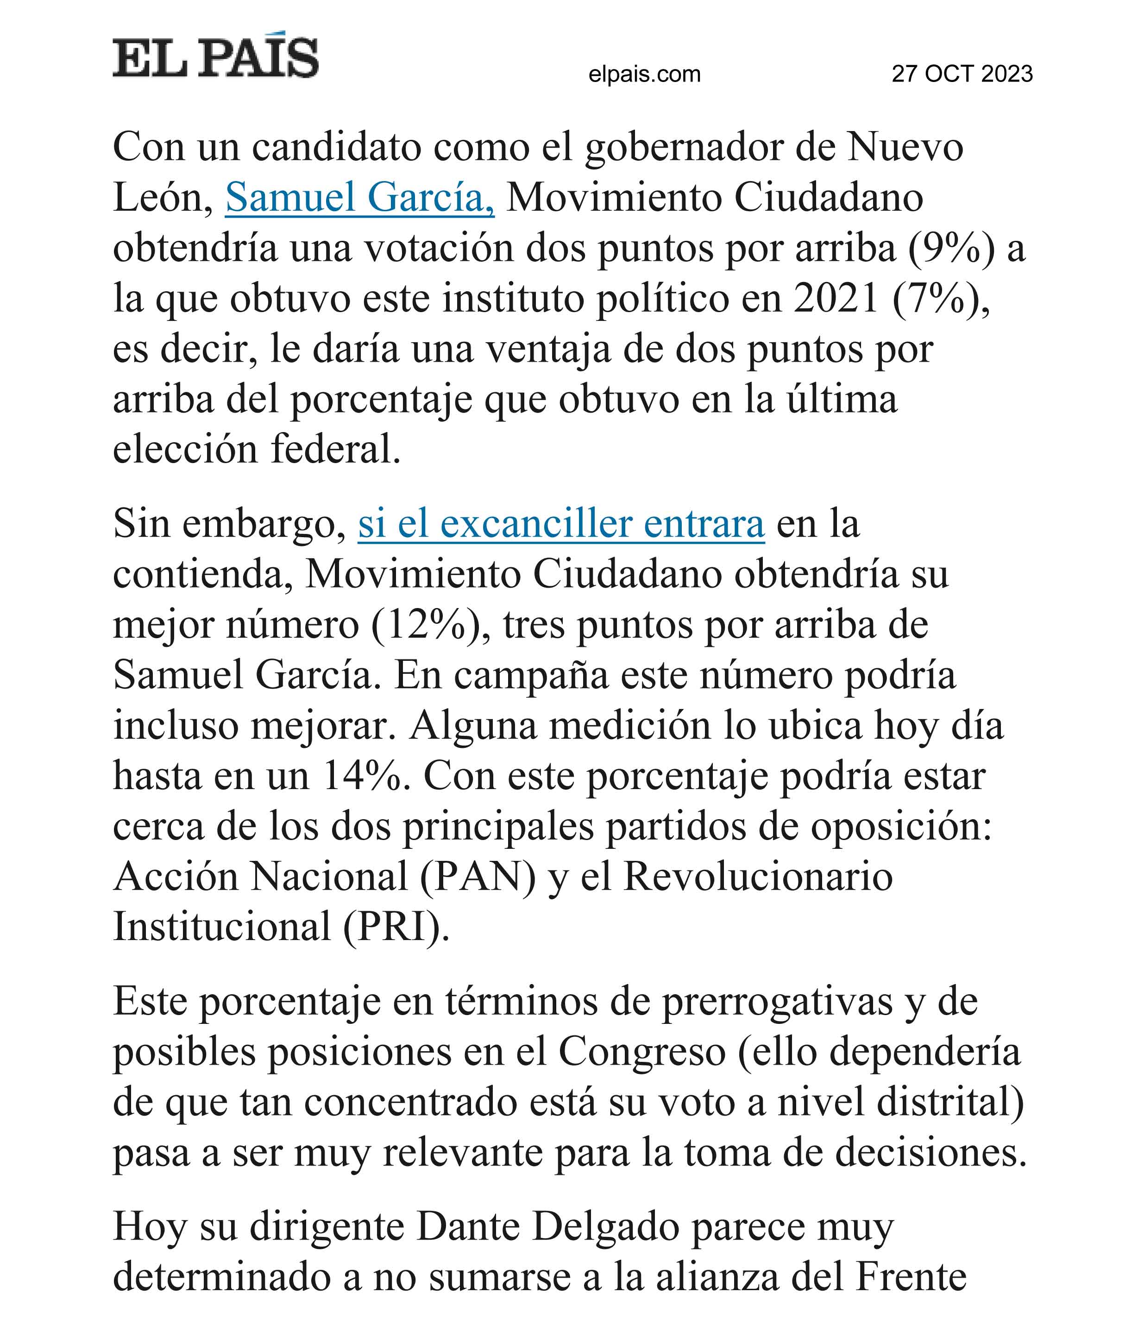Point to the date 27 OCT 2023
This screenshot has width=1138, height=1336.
962,74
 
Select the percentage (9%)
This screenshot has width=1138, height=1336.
951,248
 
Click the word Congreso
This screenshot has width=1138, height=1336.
642,1052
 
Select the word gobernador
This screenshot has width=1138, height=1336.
684,147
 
